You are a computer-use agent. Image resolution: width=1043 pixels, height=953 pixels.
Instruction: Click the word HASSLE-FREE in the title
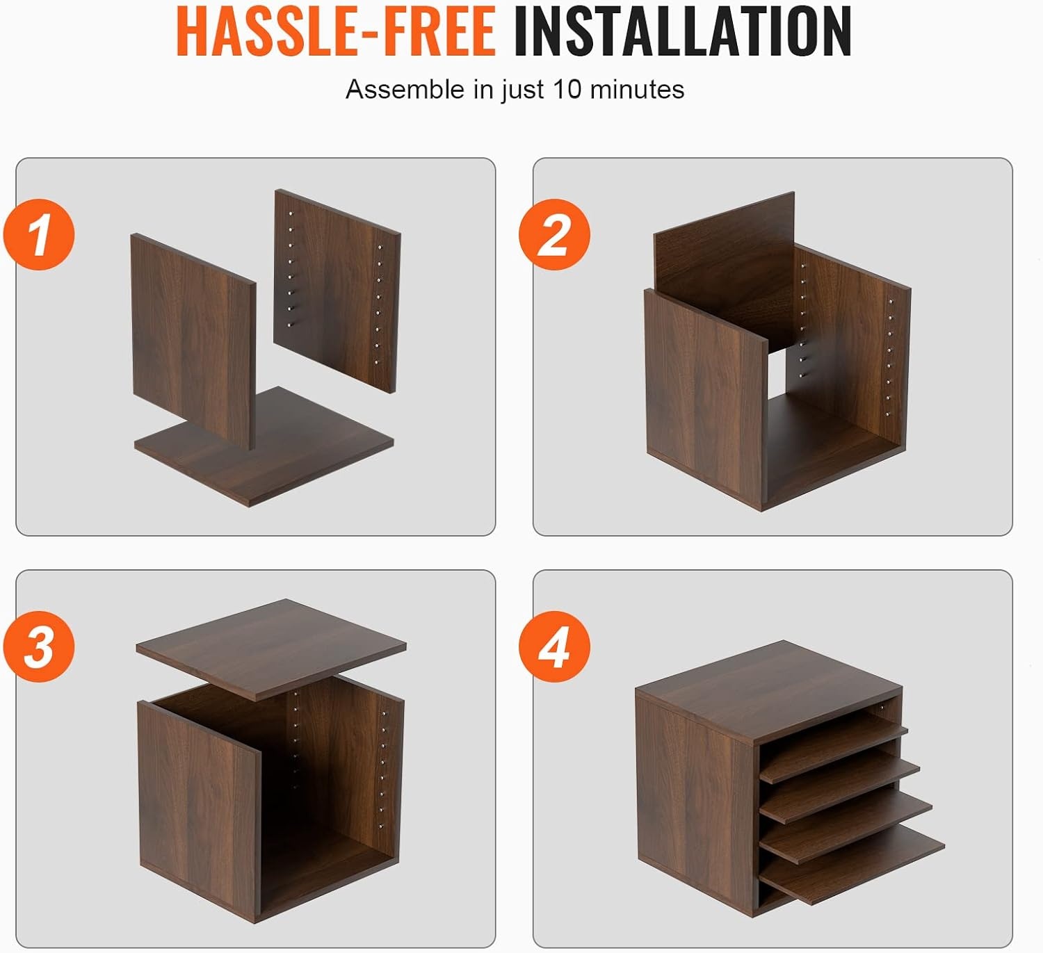pyautogui.click(x=336, y=31)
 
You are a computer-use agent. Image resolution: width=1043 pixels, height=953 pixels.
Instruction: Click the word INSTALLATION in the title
pyautogui.click(x=682, y=31)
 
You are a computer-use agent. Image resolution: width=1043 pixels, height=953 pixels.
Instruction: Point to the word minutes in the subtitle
pyautogui.click(x=638, y=89)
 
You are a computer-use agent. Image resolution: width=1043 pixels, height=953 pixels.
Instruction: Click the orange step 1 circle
pyautogui.click(x=39, y=234)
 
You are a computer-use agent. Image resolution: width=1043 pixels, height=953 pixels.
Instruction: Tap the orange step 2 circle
pyautogui.click(x=555, y=234)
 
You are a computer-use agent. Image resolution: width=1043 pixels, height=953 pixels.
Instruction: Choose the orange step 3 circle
pyautogui.click(x=39, y=646)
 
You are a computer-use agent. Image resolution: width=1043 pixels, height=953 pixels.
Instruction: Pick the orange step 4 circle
pyautogui.click(x=555, y=646)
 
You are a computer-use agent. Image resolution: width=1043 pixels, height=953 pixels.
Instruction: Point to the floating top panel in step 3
pyautogui.click(x=271, y=649)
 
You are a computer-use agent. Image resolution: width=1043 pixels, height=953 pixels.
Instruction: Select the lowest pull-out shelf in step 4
pyautogui.click(x=852, y=867)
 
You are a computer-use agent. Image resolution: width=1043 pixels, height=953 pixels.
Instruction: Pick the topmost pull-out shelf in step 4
pyautogui.click(x=834, y=733)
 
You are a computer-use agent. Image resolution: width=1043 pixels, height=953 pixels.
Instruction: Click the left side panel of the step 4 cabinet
pyautogui.click(x=695, y=806)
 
